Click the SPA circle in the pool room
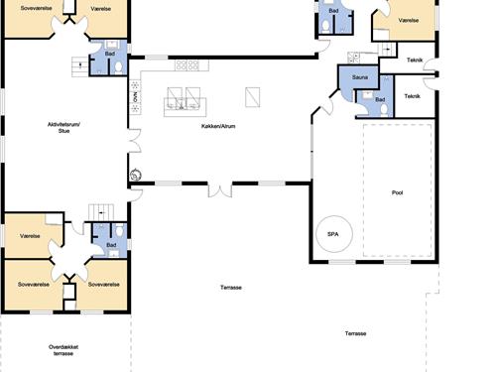334,216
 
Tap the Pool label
397,192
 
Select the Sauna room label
360,77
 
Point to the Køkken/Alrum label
218,126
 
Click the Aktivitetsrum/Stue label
63,128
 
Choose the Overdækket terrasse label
63,350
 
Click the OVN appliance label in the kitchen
135,97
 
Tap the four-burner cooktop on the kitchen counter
187,65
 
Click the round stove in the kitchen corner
136,175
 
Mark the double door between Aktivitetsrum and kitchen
135,141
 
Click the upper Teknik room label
415,60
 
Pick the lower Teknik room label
412,96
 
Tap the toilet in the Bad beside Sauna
384,110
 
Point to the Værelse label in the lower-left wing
30,236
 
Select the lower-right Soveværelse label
103,285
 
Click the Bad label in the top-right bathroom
333,11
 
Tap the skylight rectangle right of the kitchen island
253,97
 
